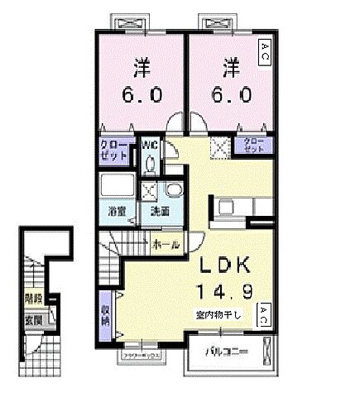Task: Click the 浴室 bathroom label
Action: (117, 210)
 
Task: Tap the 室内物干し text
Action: (219, 315)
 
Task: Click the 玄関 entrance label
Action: (34, 319)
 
